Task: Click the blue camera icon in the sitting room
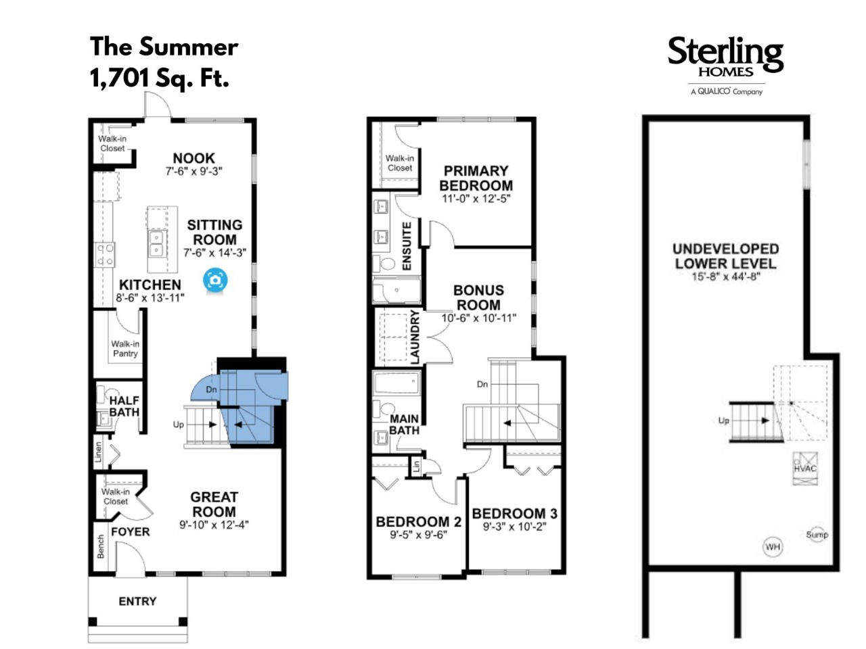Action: click(x=215, y=280)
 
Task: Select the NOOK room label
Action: click(x=193, y=158)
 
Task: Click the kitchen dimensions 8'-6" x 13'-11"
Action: click(x=150, y=298)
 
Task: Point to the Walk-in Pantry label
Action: click(x=125, y=349)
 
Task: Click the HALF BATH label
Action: click(x=124, y=406)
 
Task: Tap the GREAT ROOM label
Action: click(x=214, y=504)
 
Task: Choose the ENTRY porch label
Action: click(x=138, y=601)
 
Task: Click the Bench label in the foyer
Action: click(x=101, y=546)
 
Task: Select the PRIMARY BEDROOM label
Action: click(x=476, y=178)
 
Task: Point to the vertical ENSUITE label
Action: click(x=407, y=246)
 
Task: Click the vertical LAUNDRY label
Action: click(x=415, y=337)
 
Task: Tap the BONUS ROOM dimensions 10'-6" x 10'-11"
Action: click(x=478, y=318)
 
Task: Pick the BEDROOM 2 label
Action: click(x=418, y=522)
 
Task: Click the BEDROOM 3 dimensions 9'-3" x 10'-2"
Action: click(x=514, y=527)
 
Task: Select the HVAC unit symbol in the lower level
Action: click(x=805, y=468)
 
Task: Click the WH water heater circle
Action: click(x=773, y=547)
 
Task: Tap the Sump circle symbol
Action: click(x=817, y=535)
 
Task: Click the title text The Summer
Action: click(x=164, y=47)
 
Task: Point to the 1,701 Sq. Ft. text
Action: click(x=160, y=78)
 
